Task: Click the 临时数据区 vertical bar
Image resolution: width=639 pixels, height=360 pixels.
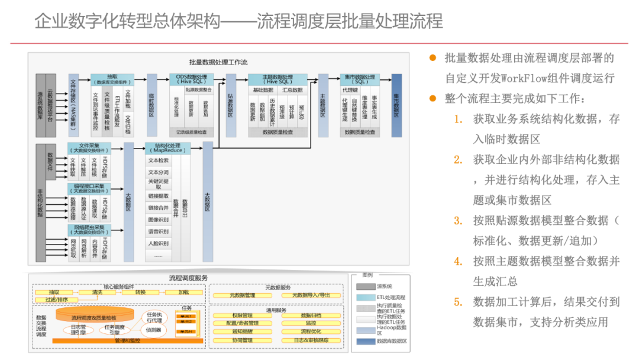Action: click(x=152, y=105)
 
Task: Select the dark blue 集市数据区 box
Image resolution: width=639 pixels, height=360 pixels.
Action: click(x=396, y=105)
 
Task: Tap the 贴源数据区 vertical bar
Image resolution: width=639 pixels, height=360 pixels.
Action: click(x=231, y=105)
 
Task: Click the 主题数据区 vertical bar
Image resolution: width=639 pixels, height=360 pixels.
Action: click(x=323, y=105)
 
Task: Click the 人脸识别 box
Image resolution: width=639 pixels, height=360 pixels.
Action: click(x=158, y=243)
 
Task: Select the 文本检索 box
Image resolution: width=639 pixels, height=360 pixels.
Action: click(x=158, y=160)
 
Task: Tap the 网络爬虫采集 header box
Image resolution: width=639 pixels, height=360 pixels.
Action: click(x=89, y=229)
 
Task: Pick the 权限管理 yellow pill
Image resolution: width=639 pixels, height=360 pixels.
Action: click(x=242, y=316)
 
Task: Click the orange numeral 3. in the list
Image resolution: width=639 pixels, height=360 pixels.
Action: click(x=458, y=220)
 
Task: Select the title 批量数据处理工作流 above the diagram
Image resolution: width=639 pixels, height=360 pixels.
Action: click(x=218, y=62)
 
